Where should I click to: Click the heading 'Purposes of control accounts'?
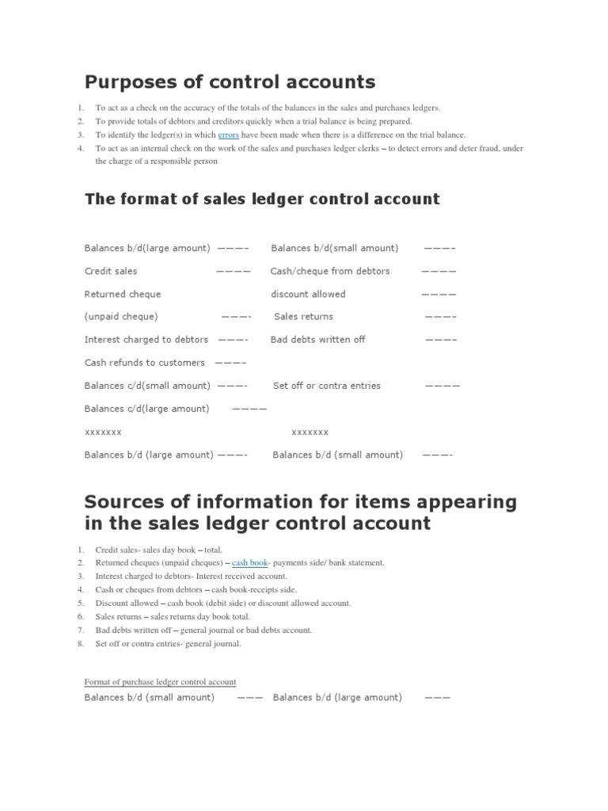(230, 82)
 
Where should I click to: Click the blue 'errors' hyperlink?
(228, 135)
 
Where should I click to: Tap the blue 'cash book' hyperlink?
(249, 562)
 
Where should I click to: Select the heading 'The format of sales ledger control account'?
(262, 199)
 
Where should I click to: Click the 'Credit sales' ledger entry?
(111, 271)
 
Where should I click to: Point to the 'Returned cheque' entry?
(123, 294)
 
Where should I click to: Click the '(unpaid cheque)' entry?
(121, 316)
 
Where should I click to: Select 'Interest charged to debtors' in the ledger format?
(146, 339)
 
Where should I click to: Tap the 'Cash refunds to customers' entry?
(144, 362)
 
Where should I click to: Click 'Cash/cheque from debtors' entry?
(330, 271)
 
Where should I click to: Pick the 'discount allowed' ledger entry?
(308, 294)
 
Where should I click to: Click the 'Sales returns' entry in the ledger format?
(303, 316)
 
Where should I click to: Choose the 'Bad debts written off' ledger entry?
(317, 339)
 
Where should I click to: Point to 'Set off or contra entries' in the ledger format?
(327, 386)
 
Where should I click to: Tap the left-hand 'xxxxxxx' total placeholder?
(103, 432)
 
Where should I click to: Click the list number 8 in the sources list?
(81, 644)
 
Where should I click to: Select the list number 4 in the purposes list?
(81, 148)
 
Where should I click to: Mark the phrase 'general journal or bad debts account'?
(245, 630)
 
